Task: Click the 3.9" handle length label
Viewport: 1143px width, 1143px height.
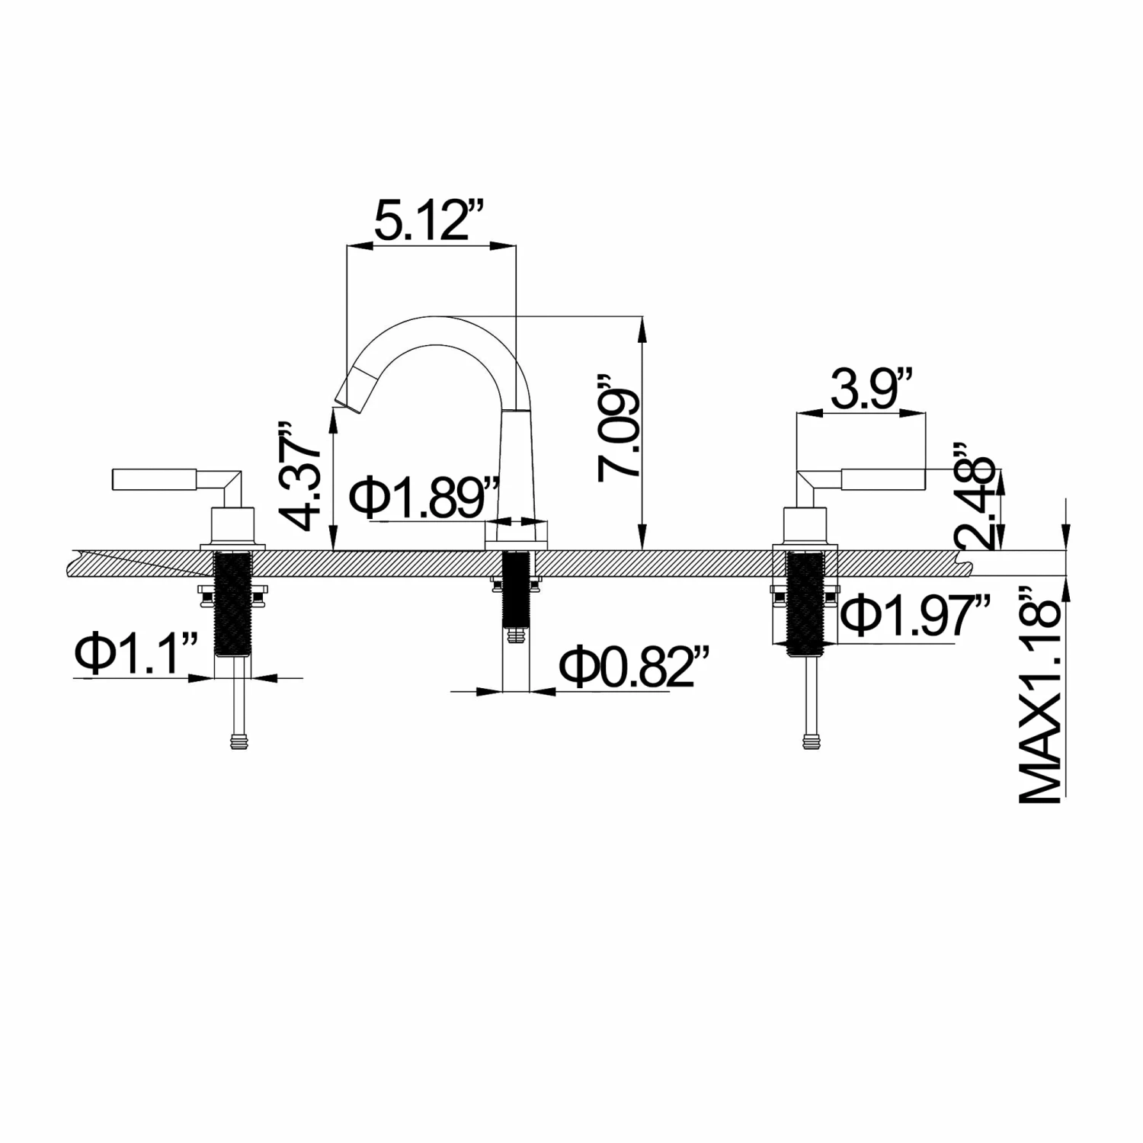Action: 871,390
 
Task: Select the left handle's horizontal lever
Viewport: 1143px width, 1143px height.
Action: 156,480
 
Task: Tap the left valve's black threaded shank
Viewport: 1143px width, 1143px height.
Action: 233,604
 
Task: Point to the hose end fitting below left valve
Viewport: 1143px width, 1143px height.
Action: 241,740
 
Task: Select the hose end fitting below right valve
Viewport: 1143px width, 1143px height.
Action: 812,740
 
